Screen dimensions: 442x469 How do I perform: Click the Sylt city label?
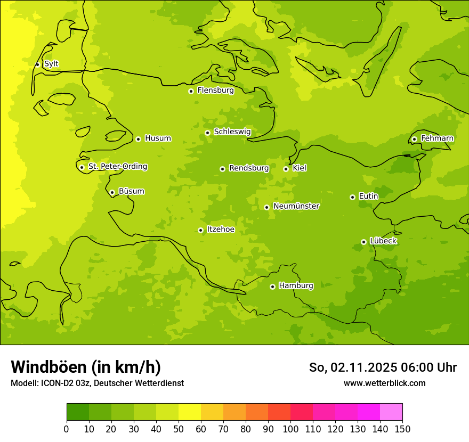pos(51,64)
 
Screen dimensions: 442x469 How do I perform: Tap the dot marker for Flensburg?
pos(191,91)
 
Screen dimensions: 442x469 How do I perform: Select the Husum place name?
pos(158,138)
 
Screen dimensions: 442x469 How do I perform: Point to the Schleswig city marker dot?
pos(207,133)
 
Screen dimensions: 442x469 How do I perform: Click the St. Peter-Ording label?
pos(117,167)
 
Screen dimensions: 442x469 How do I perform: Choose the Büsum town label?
pos(131,191)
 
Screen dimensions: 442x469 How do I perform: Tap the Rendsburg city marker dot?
pos(222,169)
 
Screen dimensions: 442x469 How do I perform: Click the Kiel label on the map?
pos(300,168)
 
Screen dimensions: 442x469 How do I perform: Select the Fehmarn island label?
pos(437,138)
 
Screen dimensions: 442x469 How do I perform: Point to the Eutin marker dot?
pos(352,197)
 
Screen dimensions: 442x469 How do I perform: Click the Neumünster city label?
pos(296,206)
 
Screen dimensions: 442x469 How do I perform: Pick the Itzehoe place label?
pos(221,230)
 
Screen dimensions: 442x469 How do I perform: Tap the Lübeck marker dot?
pos(363,242)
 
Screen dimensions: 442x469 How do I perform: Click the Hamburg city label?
pos(296,285)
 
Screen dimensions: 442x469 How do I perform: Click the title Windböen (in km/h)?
pos(86,367)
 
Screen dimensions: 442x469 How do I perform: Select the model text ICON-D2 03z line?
pos(97,383)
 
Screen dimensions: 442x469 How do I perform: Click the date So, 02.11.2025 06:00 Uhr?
pos(383,367)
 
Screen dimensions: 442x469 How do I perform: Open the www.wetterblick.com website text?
pos(384,383)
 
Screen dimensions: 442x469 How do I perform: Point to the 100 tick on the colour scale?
pos(290,429)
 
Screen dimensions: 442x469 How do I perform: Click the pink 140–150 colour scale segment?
pos(391,412)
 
